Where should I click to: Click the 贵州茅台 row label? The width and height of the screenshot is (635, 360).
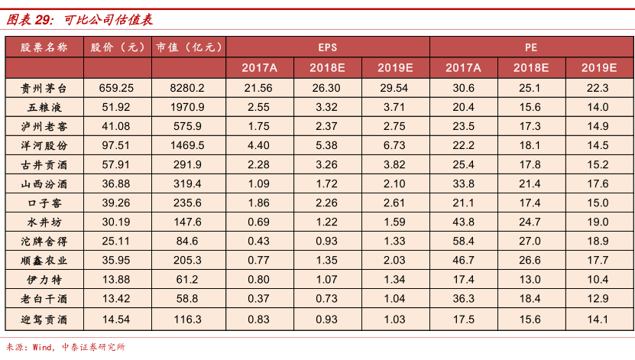pyautogui.click(x=44, y=88)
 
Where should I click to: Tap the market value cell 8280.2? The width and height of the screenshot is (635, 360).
pyautogui.click(x=188, y=88)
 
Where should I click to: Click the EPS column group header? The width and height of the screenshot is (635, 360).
pyautogui.click(x=327, y=47)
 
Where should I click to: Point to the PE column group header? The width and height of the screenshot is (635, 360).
pyautogui.click(x=531, y=47)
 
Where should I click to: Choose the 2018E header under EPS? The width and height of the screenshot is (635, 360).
pyautogui.click(x=327, y=67)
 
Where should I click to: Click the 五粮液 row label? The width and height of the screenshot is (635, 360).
pyautogui.click(x=44, y=107)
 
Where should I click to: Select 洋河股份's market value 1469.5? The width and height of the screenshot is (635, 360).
pyautogui.click(x=188, y=144)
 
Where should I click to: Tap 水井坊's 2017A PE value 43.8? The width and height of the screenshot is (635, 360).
pyautogui.click(x=463, y=222)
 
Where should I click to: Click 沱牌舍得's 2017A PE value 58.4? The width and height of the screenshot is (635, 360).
pyautogui.click(x=463, y=241)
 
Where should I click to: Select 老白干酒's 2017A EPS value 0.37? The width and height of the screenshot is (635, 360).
pyautogui.click(x=259, y=298)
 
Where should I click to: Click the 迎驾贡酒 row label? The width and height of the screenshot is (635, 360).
pyautogui.click(x=44, y=318)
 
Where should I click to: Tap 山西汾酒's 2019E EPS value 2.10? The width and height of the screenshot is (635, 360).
pyautogui.click(x=395, y=183)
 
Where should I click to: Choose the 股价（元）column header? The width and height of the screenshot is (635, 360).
pyautogui.click(x=118, y=47)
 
